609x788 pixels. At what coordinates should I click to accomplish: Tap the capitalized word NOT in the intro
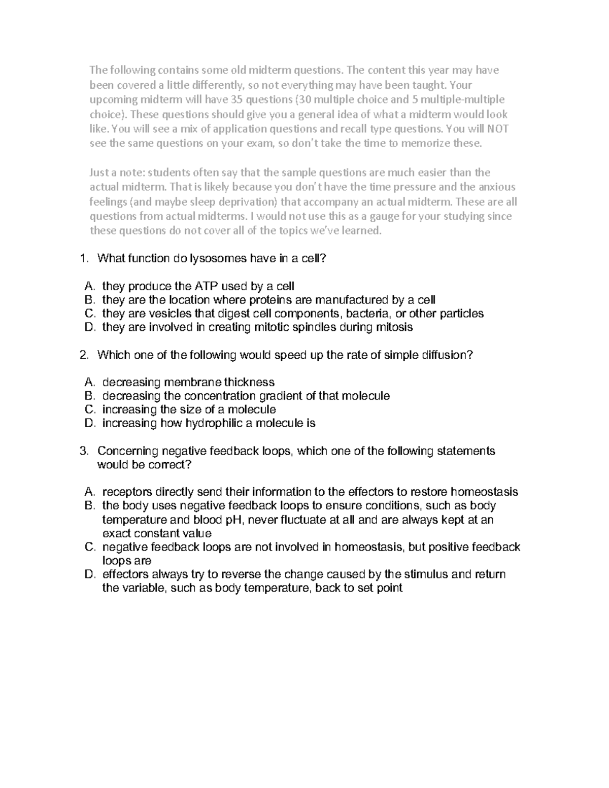click(497, 129)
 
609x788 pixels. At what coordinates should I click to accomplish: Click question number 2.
click(84, 355)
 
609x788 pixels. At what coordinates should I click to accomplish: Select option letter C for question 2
click(90, 409)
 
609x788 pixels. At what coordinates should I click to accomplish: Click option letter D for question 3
click(90, 574)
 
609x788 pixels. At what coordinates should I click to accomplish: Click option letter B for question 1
click(90, 300)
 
